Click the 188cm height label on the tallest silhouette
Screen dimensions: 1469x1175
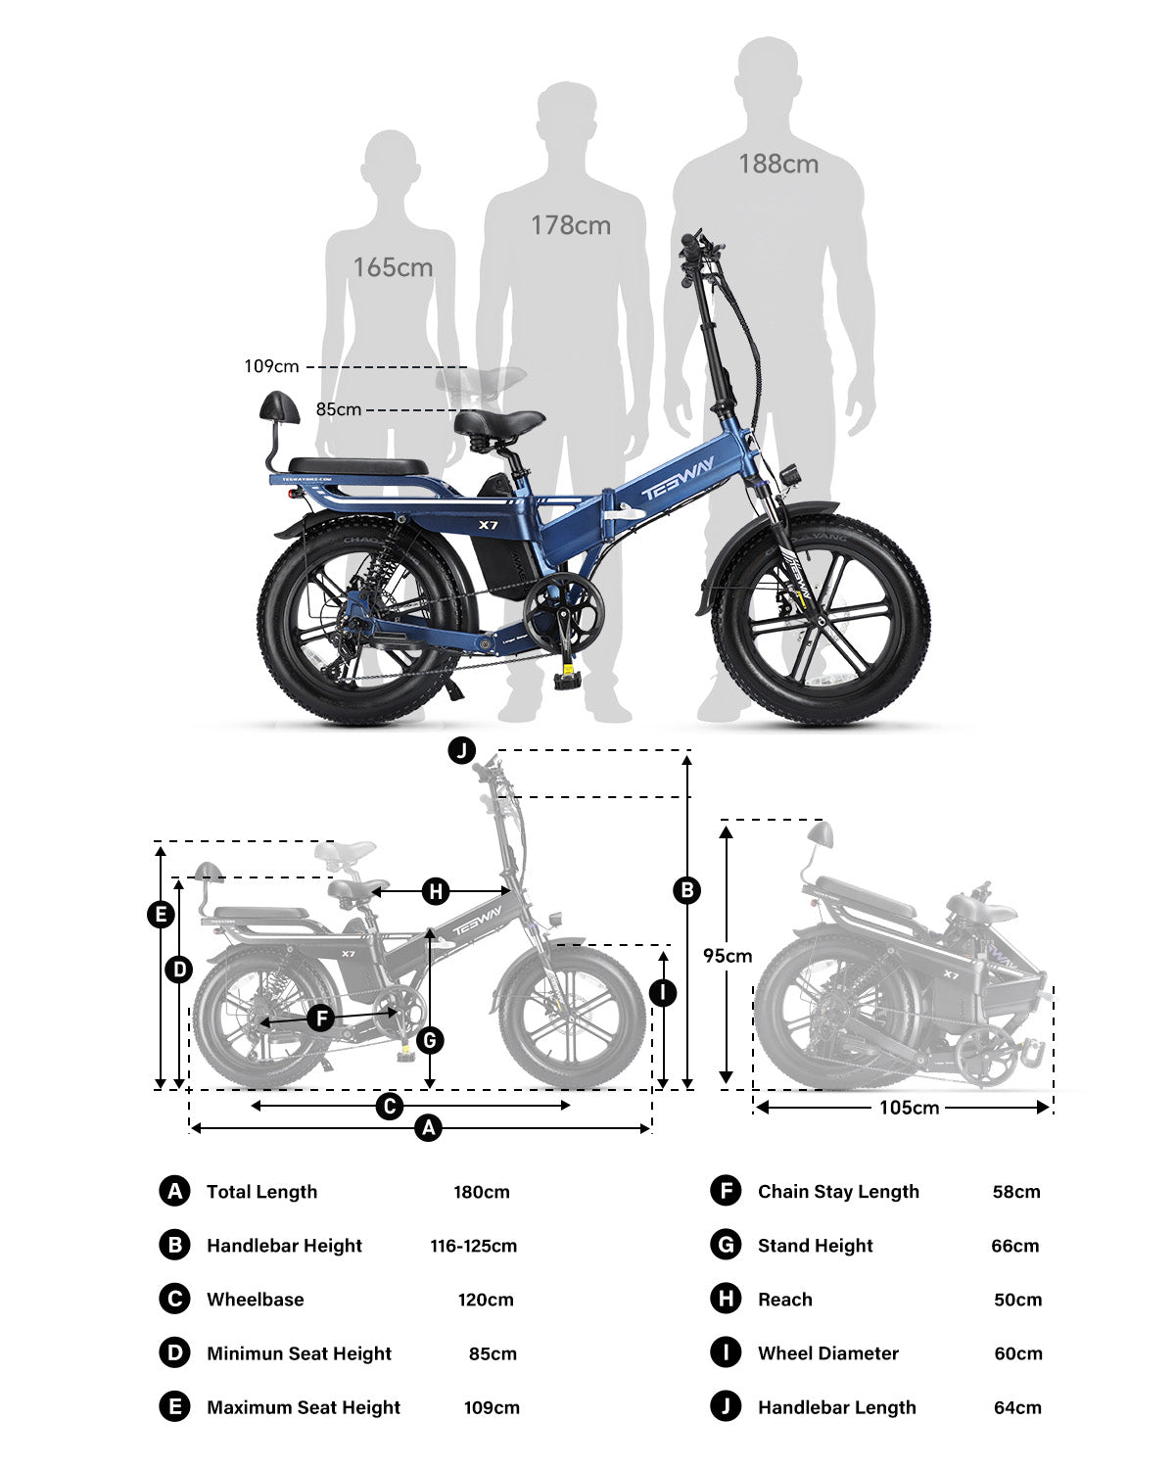pyautogui.click(x=778, y=165)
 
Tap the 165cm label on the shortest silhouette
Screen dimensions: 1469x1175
pyautogui.click(x=393, y=266)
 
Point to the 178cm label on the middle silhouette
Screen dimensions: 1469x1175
pyautogui.click(x=571, y=225)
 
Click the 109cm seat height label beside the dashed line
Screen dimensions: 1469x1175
pyautogui.click(x=272, y=366)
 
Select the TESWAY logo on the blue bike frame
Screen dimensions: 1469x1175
pyautogui.click(x=679, y=479)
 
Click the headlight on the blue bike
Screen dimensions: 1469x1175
pyautogui.click(x=786, y=477)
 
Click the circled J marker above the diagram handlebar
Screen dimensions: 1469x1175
pyautogui.click(x=461, y=751)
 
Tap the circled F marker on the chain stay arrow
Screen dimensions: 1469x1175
pyautogui.click(x=320, y=1019)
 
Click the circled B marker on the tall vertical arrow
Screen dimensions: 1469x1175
pyautogui.click(x=687, y=890)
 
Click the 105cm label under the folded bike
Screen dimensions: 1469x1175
pyautogui.click(x=909, y=1108)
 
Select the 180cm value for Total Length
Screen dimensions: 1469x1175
pyautogui.click(x=482, y=1192)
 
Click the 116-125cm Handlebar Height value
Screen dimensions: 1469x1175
pyautogui.click(x=474, y=1246)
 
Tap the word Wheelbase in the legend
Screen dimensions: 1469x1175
pyautogui.click(x=256, y=1300)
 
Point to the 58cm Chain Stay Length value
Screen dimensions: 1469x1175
pyautogui.click(x=1016, y=1192)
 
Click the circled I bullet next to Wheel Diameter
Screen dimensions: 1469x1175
pyautogui.click(x=725, y=1353)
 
